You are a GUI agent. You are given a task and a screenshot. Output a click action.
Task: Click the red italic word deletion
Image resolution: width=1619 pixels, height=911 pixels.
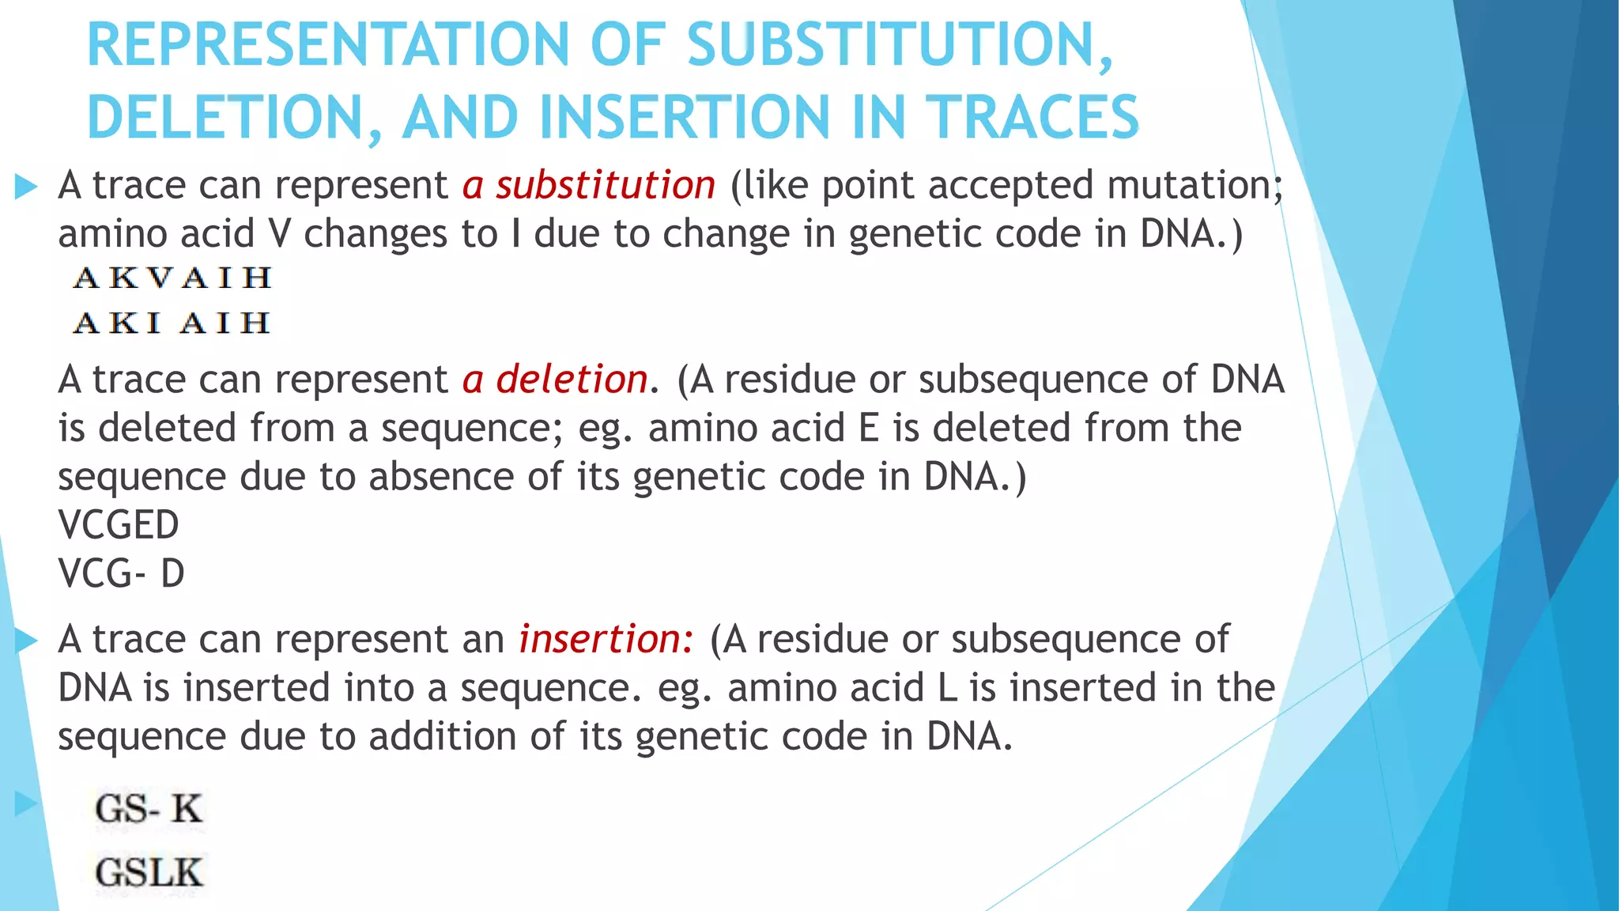(572, 380)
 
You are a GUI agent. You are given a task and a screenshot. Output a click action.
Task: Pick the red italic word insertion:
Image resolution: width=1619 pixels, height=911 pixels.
(606, 639)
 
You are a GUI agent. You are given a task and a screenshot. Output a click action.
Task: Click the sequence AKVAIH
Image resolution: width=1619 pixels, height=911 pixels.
(172, 278)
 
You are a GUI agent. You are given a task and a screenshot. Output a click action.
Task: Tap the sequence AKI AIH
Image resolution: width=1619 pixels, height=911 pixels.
(172, 323)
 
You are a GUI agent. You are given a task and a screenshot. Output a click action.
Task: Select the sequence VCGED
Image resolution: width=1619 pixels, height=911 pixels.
(119, 525)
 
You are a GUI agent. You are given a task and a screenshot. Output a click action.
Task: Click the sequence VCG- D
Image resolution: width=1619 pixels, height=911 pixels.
(121, 573)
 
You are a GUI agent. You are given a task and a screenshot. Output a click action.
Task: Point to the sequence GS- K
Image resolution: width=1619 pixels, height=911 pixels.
(149, 809)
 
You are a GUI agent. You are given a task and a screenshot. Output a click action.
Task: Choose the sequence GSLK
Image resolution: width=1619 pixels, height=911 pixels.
(149, 873)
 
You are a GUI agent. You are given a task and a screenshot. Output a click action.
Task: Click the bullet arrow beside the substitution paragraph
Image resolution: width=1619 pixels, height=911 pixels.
(26, 187)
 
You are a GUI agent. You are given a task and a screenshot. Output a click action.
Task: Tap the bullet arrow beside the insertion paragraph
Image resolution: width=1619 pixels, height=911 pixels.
(26, 641)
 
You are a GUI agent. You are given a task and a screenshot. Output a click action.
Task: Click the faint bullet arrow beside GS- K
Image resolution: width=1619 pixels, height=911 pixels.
(26, 804)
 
